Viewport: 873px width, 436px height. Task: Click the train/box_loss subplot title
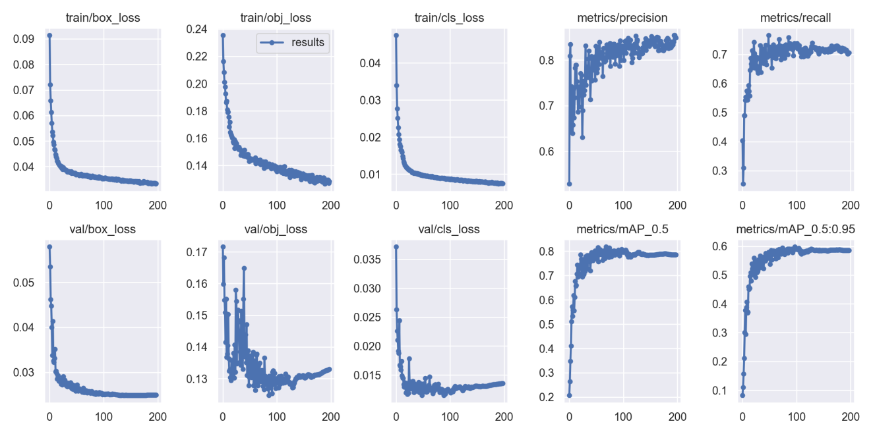pos(103,18)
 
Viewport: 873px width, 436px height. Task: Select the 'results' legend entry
pos(292,42)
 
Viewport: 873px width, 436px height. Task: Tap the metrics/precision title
pos(622,18)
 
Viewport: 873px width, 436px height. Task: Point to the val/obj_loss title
pos(276,229)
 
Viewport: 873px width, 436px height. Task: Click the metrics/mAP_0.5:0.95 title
pos(795,229)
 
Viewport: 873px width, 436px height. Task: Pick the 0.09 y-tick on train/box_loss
pos(23,39)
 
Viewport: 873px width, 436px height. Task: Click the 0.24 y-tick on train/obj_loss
pos(196,29)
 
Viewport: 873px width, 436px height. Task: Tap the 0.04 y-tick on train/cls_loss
pos(370,63)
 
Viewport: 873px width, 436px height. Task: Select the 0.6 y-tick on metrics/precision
pos(547,151)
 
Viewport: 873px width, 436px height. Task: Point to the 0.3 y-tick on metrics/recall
pos(719,171)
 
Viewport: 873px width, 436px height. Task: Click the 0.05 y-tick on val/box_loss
pos(23,283)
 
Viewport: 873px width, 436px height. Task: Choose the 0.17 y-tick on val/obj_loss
pos(196,252)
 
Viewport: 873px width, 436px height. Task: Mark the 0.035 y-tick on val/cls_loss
pos(367,259)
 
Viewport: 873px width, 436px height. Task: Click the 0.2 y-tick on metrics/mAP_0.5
pos(547,397)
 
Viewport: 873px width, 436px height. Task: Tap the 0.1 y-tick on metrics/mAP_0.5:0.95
pos(719,391)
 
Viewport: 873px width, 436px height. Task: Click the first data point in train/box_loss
pos(49,36)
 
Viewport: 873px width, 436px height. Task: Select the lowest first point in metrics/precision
pos(570,184)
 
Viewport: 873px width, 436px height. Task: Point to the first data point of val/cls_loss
pos(396,247)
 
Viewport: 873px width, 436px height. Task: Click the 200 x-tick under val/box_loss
pos(158,417)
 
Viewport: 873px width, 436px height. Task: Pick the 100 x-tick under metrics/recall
pos(797,205)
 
